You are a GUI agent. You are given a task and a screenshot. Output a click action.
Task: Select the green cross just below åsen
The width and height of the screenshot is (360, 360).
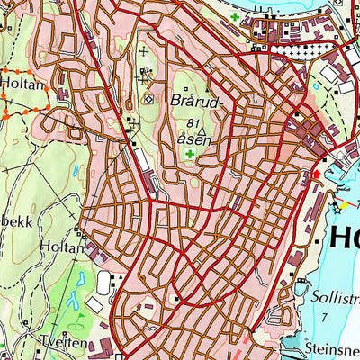[x=191, y=155]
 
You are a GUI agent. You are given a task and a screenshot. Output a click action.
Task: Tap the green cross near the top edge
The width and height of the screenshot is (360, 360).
[x=235, y=17]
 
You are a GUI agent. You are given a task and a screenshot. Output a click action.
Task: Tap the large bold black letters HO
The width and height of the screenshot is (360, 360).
[x=345, y=239]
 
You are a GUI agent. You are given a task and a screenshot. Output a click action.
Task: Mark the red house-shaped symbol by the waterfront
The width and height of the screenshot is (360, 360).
[x=316, y=175]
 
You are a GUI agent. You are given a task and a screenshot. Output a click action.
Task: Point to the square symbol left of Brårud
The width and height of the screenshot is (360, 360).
[x=149, y=100]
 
